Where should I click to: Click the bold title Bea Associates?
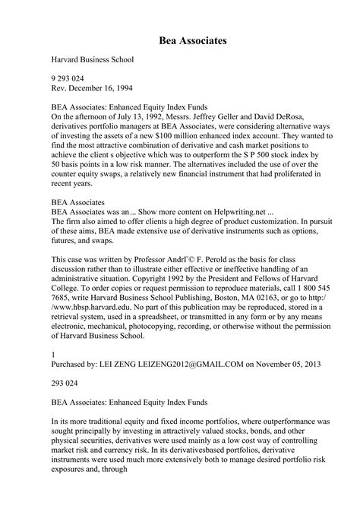180,36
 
